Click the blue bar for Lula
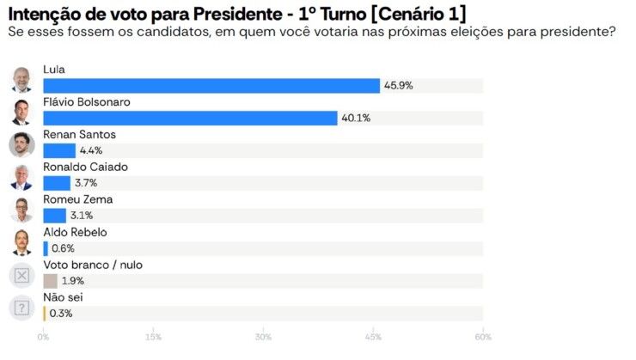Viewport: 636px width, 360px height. pos(211,86)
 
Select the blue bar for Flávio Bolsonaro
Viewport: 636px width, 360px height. pos(190,119)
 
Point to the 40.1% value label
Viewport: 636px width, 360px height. pos(355,119)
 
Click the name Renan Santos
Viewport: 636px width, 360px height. pos(79,135)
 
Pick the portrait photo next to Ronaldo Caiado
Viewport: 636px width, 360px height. pos(21,177)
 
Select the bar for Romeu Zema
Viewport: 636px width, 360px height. pos(54,216)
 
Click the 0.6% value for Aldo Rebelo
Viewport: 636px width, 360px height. pos(64,248)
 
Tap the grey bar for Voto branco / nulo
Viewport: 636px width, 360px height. pos(50,281)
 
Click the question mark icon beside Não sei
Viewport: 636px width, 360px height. pos(21,308)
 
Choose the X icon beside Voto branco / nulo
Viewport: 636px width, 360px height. pos(21,275)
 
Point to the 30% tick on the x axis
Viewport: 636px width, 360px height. pos(263,337)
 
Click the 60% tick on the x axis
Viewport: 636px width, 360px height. pos(483,337)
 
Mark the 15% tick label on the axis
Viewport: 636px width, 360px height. pos(153,337)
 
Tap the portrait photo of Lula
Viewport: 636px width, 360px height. pos(21,79)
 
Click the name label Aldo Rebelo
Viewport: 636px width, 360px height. pos(75,232)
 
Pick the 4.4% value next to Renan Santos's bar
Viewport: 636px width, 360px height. pos(90,151)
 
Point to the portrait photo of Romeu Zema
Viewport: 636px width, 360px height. pos(21,210)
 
